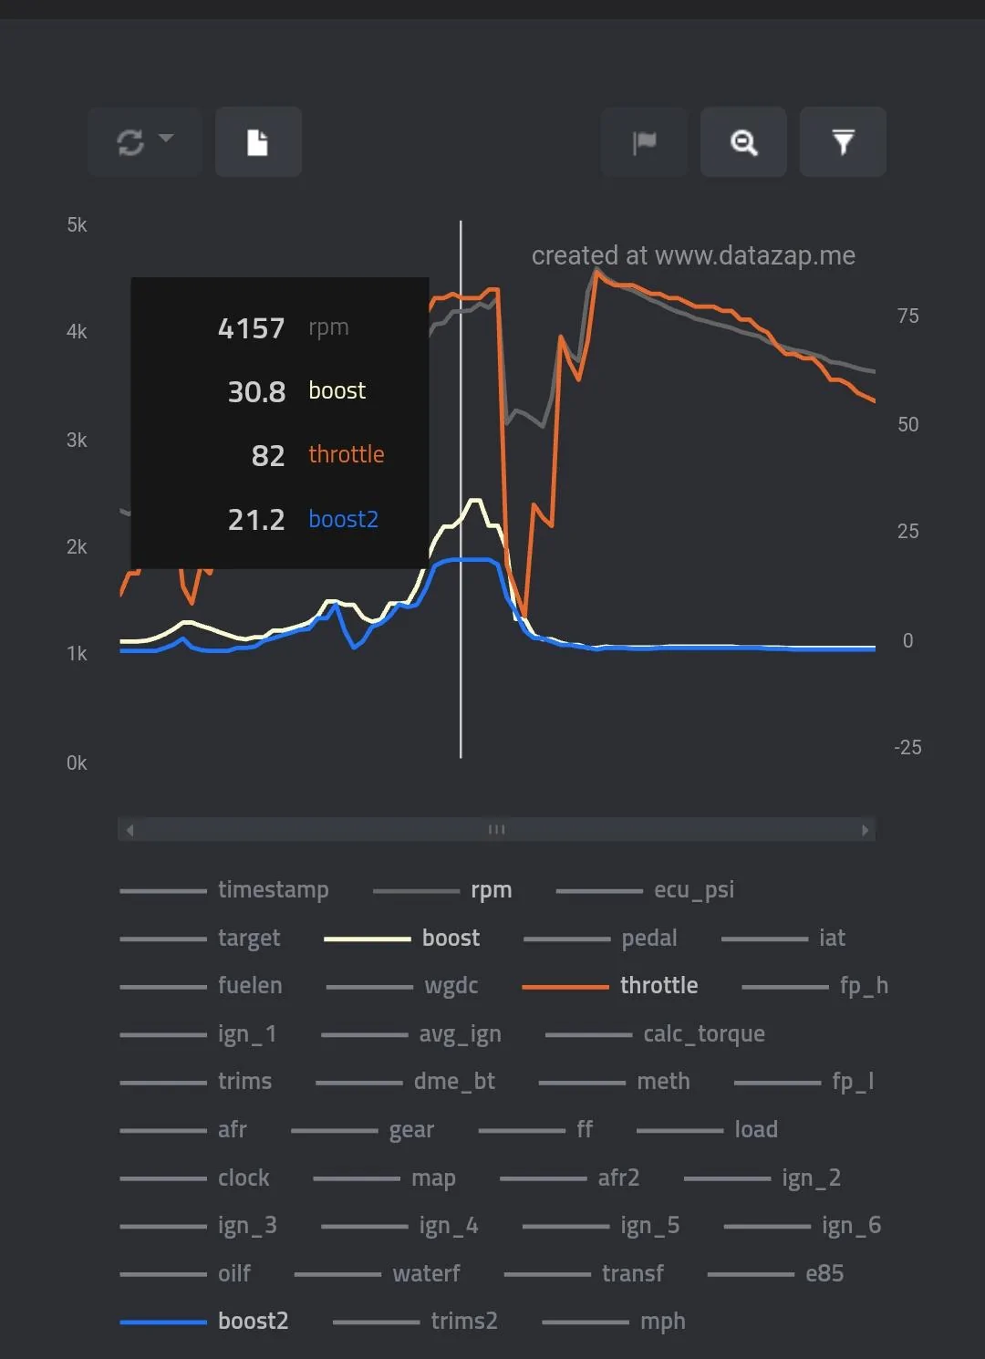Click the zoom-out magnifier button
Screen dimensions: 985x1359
(743, 142)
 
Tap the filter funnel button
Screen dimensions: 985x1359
(843, 142)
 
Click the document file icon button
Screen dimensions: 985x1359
(258, 142)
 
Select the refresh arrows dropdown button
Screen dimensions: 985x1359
(145, 142)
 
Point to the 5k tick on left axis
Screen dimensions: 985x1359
(77, 225)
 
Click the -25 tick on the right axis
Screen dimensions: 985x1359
(907, 747)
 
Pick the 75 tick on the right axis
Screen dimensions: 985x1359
(908, 316)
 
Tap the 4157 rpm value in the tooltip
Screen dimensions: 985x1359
(251, 328)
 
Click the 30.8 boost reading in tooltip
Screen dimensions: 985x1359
(256, 392)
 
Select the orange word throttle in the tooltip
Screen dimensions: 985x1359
(347, 454)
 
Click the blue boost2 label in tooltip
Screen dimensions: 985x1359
(343, 519)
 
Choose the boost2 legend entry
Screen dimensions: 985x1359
(204, 1321)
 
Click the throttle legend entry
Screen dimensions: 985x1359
(610, 985)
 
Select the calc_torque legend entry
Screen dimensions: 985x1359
(655, 1033)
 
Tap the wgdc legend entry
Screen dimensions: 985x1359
(402, 986)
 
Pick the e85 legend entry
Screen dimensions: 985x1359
(776, 1273)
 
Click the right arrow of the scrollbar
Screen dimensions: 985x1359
(865, 830)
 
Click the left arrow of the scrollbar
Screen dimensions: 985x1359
(130, 830)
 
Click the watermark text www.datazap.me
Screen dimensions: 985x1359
(755, 255)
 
